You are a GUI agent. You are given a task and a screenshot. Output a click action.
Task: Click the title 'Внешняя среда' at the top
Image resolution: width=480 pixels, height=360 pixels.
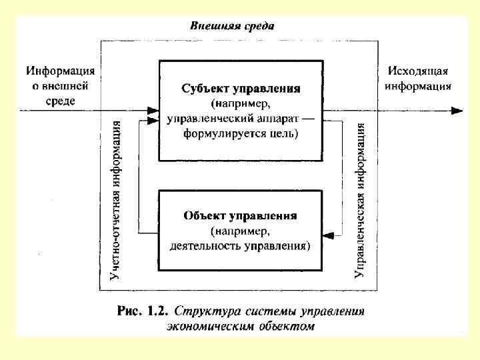pos(231,26)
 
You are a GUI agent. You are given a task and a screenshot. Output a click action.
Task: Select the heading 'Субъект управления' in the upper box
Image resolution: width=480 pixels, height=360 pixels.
pos(241,88)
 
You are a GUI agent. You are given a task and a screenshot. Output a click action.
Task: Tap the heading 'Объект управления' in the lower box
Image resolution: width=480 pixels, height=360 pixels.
pos(240,216)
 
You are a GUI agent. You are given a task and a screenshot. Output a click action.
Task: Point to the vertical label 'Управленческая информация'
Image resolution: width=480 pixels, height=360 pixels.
pos(361,199)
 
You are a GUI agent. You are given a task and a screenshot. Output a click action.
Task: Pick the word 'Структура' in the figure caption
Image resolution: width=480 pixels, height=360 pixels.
pos(207,311)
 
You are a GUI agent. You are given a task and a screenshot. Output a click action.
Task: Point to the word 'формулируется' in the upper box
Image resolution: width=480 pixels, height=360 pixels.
pos(221,134)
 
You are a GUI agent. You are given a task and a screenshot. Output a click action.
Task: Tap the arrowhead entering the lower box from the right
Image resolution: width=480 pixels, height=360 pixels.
pos(328,234)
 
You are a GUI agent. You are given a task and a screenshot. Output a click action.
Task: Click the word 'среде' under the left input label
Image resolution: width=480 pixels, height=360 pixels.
pos(60,100)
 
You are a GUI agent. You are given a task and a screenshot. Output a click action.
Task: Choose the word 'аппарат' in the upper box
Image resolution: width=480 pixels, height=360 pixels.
pos(269,119)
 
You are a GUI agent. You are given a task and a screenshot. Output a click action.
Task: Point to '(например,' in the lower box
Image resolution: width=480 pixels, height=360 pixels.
pos(240,231)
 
